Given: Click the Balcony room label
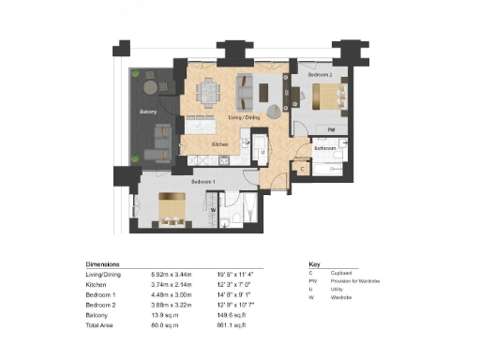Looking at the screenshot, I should pyautogui.click(x=149, y=112).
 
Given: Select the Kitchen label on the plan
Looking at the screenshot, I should pyautogui.click(x=221, y=144).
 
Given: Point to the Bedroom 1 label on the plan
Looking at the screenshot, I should pyautogui.click(x=203, y=181).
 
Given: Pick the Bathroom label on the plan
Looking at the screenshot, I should pyautogui.click(x=325, y=148).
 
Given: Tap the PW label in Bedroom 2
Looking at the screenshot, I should pyautogui.click(x=331, y=129).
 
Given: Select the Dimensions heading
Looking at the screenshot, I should pyautogui.click(x=103, y=265).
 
